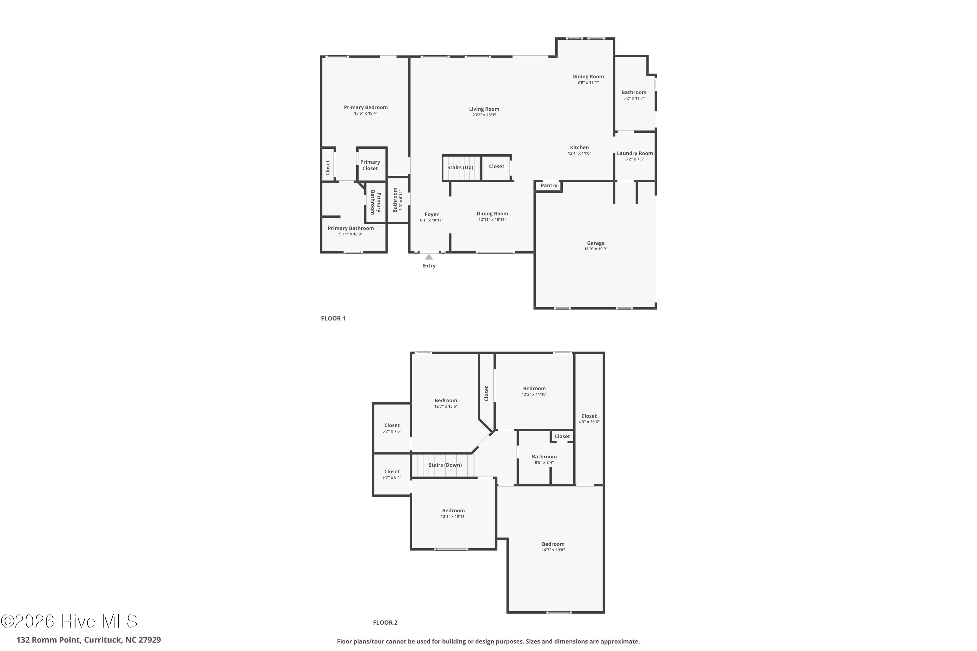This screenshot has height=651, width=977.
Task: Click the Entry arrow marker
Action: point(429,257)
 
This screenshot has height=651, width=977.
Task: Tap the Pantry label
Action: point(549,186)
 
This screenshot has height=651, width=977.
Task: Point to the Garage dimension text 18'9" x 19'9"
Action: point(595,249)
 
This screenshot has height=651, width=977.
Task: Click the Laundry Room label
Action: point(634,154)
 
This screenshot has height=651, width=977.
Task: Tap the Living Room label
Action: point(484,109)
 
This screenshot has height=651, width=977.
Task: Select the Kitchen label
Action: point(579,147)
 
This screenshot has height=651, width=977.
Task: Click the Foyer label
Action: point(432,215)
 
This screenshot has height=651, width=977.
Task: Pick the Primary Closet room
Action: point(370,165)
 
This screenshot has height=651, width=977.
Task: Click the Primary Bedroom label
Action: point(365,107)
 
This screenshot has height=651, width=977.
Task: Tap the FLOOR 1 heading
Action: point(333,318)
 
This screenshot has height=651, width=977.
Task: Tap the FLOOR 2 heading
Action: point(385,622)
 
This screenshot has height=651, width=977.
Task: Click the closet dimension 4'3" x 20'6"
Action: point(588,422)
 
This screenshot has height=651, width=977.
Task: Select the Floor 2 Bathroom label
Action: point(544,457)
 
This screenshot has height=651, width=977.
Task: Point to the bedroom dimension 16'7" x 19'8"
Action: point(553,550)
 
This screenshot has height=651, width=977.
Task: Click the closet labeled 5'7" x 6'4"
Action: point(392,474)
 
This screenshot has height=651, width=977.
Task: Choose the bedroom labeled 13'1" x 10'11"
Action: point(453,514)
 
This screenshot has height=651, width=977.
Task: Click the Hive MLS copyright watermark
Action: point(69,621)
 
